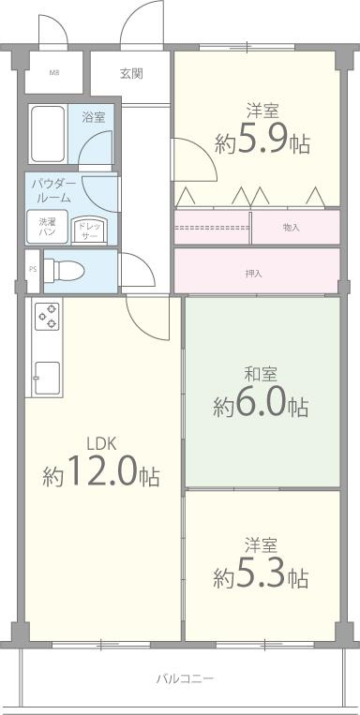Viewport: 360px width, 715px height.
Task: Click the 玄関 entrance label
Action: point(131,73)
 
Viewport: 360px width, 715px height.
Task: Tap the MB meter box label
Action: point(53,73)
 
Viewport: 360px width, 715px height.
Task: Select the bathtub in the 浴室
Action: point(48,134)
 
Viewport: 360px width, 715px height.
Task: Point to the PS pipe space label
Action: point(33,268)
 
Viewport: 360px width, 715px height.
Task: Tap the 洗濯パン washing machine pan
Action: point(47,227)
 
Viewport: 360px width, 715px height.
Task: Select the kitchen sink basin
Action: point(48,378)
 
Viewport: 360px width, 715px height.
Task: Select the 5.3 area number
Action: point(260,576)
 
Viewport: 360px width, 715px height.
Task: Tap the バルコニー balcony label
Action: point(185,679)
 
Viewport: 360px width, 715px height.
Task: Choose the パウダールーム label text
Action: point(52,191)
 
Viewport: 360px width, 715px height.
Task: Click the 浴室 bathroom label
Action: point(94,117)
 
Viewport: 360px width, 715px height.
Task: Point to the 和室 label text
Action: point(260,374)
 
